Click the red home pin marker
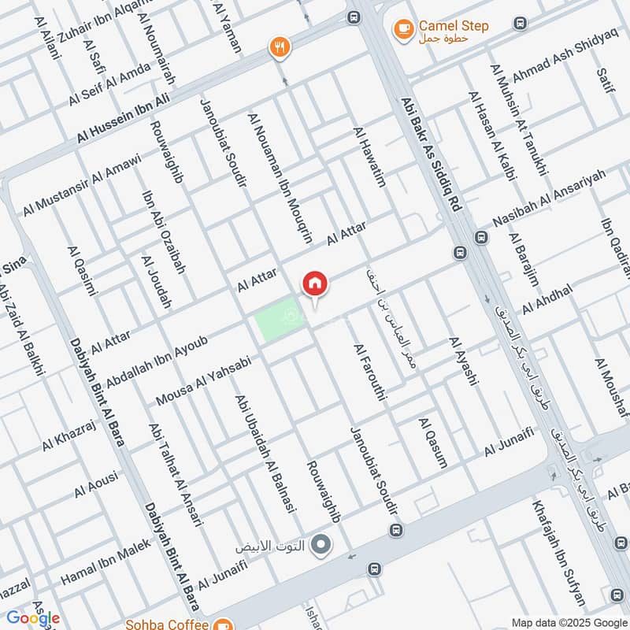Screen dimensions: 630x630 click(314, 283)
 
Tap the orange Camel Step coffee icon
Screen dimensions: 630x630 click(403, 29)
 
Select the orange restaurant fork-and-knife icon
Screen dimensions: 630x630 click(279, 47)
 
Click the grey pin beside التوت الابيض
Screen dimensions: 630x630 click(320, 544)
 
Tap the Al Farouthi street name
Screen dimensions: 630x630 click(369, 372)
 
